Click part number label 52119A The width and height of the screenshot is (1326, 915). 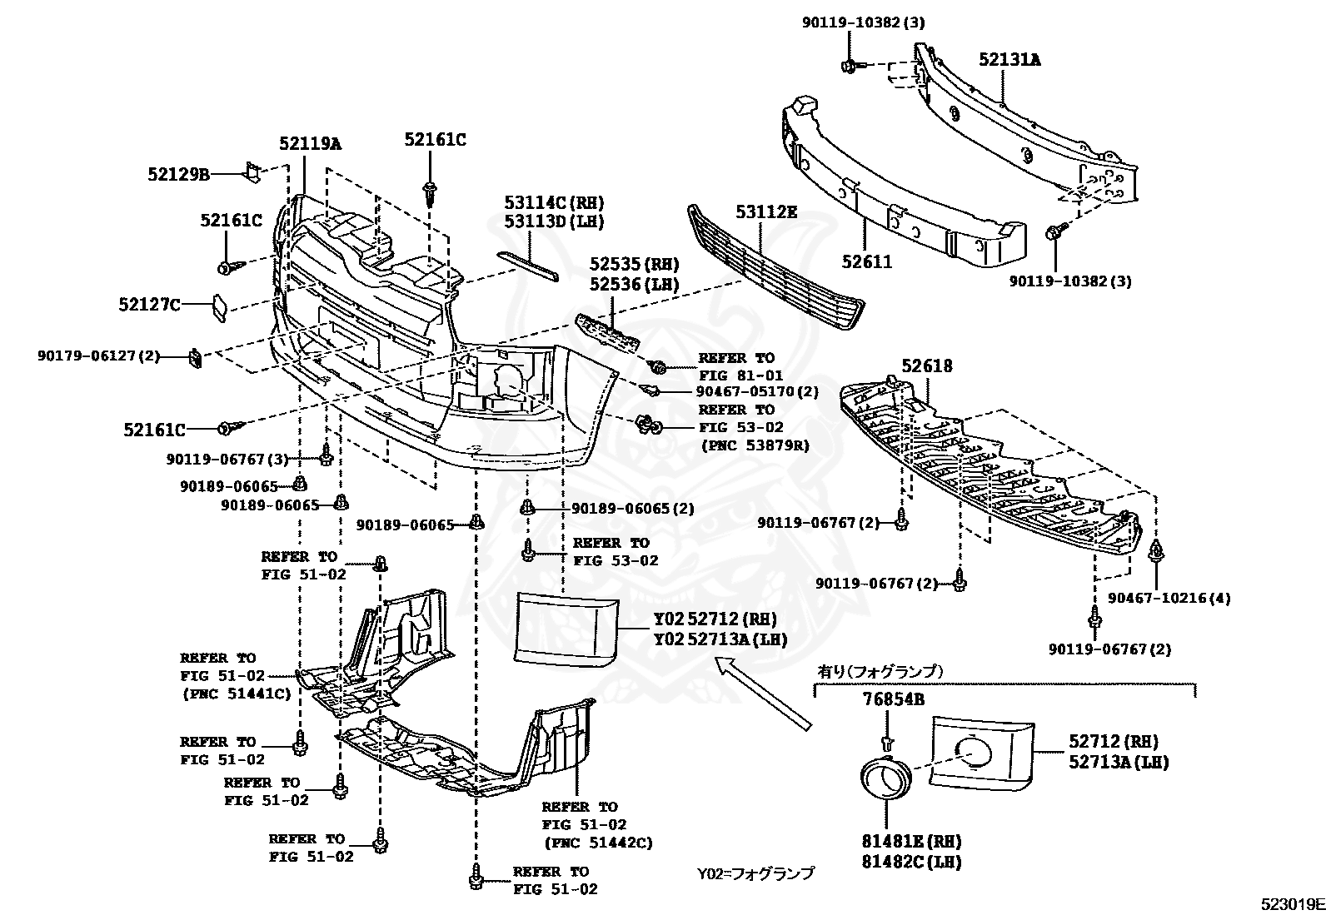click(310, 143)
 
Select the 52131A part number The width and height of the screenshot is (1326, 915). click(1009, 60)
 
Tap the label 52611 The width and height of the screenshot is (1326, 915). click(866, 262)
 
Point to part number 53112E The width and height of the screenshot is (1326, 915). click(766, 213)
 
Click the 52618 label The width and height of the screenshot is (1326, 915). click(927, 366)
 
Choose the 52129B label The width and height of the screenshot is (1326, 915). click(178, 174)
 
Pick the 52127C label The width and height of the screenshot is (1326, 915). click(149, 305)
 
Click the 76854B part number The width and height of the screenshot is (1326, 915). click(893, 699)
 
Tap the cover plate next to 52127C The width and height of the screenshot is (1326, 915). click(218, 306)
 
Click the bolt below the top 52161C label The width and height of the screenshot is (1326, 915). click(430, 193)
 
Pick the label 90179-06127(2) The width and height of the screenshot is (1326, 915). click(98, 356)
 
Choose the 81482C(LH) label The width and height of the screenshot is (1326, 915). click(912, 863)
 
